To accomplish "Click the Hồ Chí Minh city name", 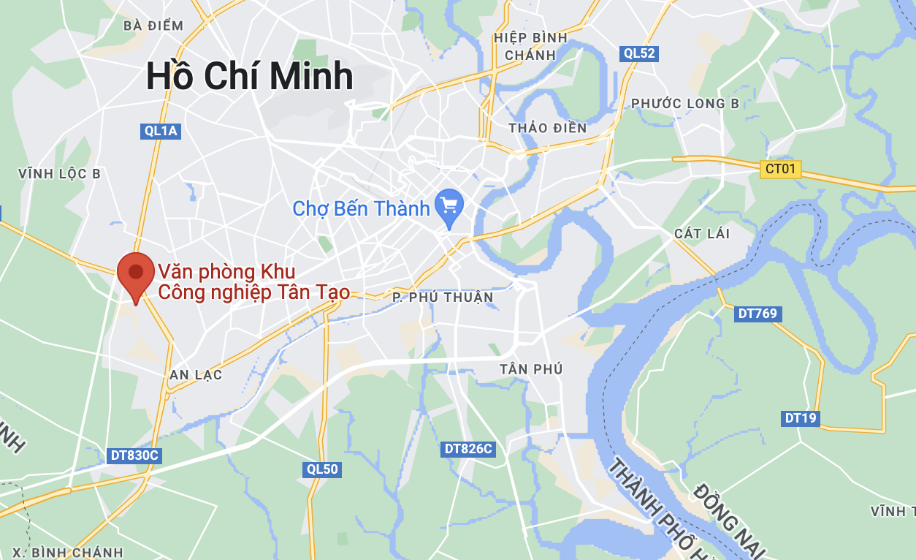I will coord(250,77).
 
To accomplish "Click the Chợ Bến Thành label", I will coord(361,209).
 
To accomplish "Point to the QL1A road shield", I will coord(161,131).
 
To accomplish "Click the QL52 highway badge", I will coord(639,53).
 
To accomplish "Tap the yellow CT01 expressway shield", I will coord(780,170).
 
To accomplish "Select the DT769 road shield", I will coord(757,314).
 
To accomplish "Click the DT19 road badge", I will coord(801,418).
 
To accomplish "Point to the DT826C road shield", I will coord(468,448).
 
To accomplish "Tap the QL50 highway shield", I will coord(322,469).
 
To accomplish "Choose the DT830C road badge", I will coord(134,455).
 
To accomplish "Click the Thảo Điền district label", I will coord(548,128).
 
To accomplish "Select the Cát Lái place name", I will coord(702,233).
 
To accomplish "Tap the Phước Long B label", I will coord(685,104).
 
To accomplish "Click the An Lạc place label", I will coord(196,375).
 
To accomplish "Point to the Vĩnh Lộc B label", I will coord(60,174).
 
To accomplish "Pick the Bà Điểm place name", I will coord(153,26).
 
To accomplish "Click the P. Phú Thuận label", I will coord(443,298).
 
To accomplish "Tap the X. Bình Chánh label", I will coord(68,552).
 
